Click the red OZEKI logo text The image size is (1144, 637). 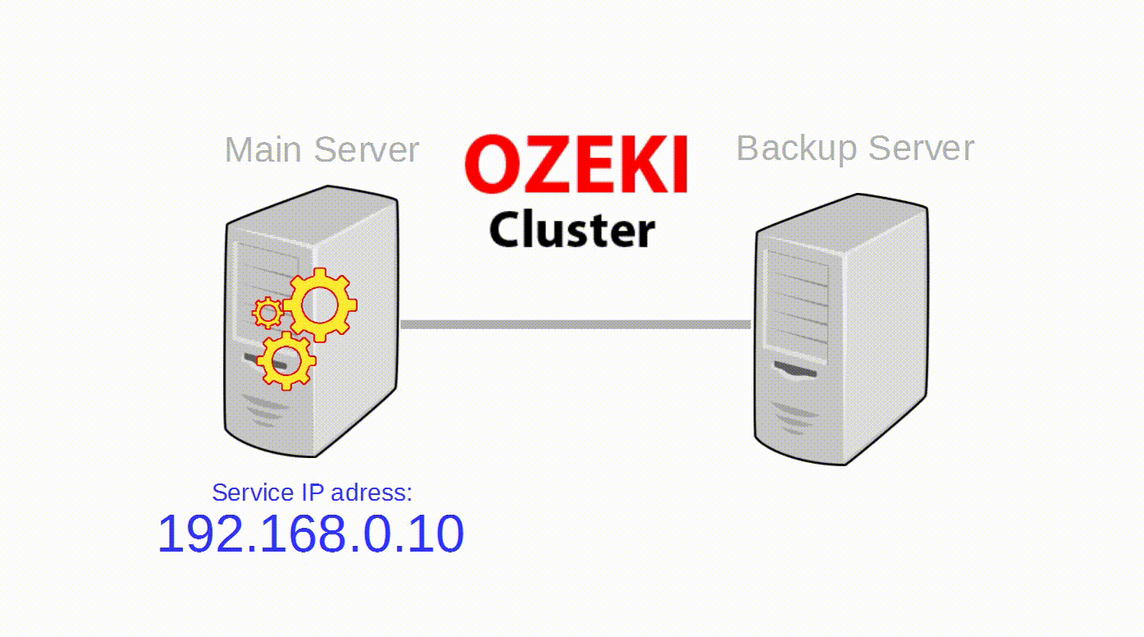576,165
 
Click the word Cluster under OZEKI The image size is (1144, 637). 572,229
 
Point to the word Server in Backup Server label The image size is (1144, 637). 921,149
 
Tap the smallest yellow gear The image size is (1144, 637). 267,313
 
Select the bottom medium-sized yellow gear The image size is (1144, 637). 286,360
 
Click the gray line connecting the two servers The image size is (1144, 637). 574,325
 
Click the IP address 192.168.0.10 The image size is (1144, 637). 310,534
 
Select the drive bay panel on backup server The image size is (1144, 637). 797,304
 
